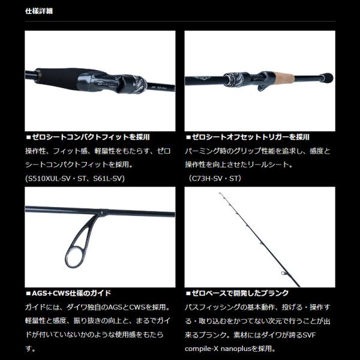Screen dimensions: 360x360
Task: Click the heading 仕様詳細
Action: pyautogui.click(x=39, y=11)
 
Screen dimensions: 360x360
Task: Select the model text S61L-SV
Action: pyautogui.click(x=107, y=178)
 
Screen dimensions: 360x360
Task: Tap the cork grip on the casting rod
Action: pyautogui.click(x=284, y=78)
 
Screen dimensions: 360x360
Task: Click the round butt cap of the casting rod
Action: pyautogui.click(x=327, y=78)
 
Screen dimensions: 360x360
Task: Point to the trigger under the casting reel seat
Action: pyautogui.click(x=262, y=87)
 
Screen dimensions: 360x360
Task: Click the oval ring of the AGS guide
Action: pyautogui.click(x=73, y=257)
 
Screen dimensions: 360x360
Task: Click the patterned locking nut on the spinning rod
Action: pyautogui.click(x=138, y=84)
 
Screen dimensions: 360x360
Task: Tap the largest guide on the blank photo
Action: pyautogui.click(x=284, y=273)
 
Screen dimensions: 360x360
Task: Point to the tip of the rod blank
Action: pyautogui.click(x=220, y=193)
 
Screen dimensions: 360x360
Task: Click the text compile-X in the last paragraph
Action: pyautogui.click(x=202, y=349)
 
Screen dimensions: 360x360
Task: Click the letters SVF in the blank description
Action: pyautogui.click(x=309, y=335)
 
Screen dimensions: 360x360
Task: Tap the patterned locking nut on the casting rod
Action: pyautogui.click(x=233, y=80)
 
